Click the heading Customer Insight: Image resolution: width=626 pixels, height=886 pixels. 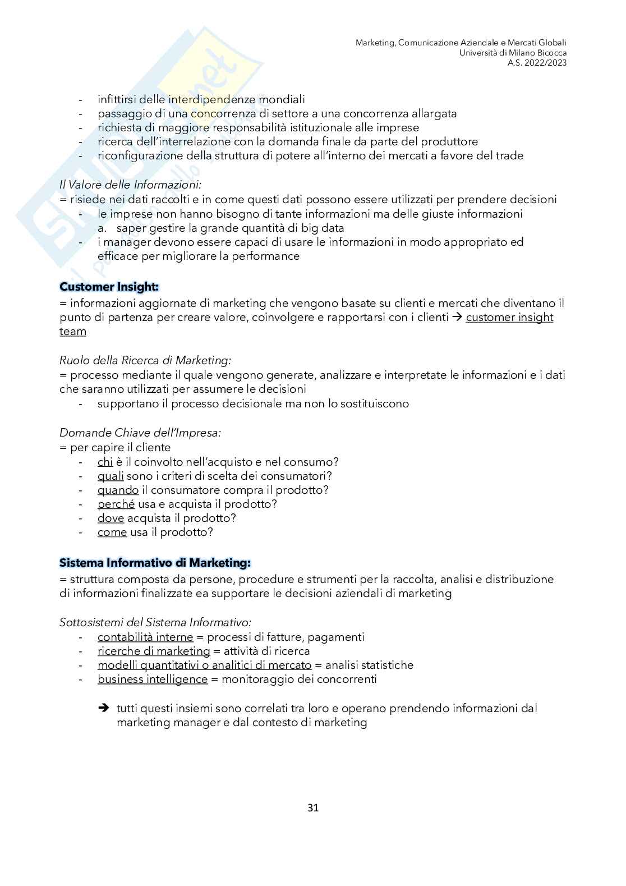tap(109, 287)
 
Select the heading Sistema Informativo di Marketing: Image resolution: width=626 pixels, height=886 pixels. tap(155, 562)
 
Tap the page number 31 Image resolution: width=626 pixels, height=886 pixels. tap(313, 808)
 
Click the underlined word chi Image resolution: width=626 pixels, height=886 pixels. tap(105, 462)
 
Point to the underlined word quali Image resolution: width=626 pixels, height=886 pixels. tap(111, 476)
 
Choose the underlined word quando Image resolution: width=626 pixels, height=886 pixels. tap(118, 490)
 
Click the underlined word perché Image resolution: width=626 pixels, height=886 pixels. tap(116, 504)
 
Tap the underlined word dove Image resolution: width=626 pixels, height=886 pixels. tap(111, 518)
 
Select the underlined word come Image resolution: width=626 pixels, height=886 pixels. tap(112, 532)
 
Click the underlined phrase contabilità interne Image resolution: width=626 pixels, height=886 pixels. tap(145, 637)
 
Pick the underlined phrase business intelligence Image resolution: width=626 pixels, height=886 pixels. tap(153, 679)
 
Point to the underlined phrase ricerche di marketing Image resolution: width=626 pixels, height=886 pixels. tap(154, 651)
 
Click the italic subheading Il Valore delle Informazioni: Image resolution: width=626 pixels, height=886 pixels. tap(130, 184)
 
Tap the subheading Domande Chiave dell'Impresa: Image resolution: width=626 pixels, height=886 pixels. tap(140, 433)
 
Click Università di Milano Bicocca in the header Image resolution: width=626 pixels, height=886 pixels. tap(513, 53)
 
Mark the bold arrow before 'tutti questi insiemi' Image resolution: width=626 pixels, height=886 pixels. tap(103, 708)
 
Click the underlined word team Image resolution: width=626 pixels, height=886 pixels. tap(73, 331)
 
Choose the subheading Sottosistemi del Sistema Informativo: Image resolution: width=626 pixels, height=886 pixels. tap(155, 622)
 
